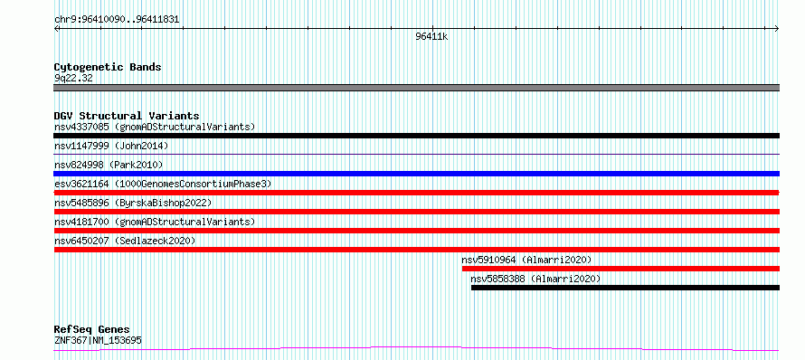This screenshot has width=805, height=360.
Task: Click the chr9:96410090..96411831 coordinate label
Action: [117, 20]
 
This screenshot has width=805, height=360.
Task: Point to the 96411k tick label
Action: [431, 37]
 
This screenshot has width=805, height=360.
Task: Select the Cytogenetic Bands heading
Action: [108, 67]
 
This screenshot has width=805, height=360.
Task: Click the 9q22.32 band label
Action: [73, 79]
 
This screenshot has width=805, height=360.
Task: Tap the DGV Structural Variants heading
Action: [127, 116]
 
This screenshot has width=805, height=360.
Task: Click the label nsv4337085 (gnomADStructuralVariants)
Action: [155, 127]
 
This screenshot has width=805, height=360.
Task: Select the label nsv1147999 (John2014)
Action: [111, 146]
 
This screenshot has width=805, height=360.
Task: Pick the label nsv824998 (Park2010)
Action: [109, 165]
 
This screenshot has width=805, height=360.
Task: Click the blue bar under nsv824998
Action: [416, 174]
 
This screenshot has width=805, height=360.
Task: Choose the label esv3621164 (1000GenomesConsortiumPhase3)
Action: [163, 184]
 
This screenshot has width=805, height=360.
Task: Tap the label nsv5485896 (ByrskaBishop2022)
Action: [133, 203]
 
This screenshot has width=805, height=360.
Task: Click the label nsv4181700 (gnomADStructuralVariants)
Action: [155, 222]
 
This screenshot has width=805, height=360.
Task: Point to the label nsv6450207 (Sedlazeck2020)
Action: [125, 241]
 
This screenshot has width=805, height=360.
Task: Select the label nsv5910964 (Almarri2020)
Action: [526, 260]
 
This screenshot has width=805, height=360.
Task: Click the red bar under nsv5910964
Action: [620, 269]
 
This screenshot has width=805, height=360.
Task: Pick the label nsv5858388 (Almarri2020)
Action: [535, 279]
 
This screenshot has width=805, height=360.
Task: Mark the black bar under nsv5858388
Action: [625, 288]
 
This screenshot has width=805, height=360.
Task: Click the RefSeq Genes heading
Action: [92, 330]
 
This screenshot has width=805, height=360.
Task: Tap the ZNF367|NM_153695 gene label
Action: [98, 340]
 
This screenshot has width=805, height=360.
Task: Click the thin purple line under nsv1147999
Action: [416, 154]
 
